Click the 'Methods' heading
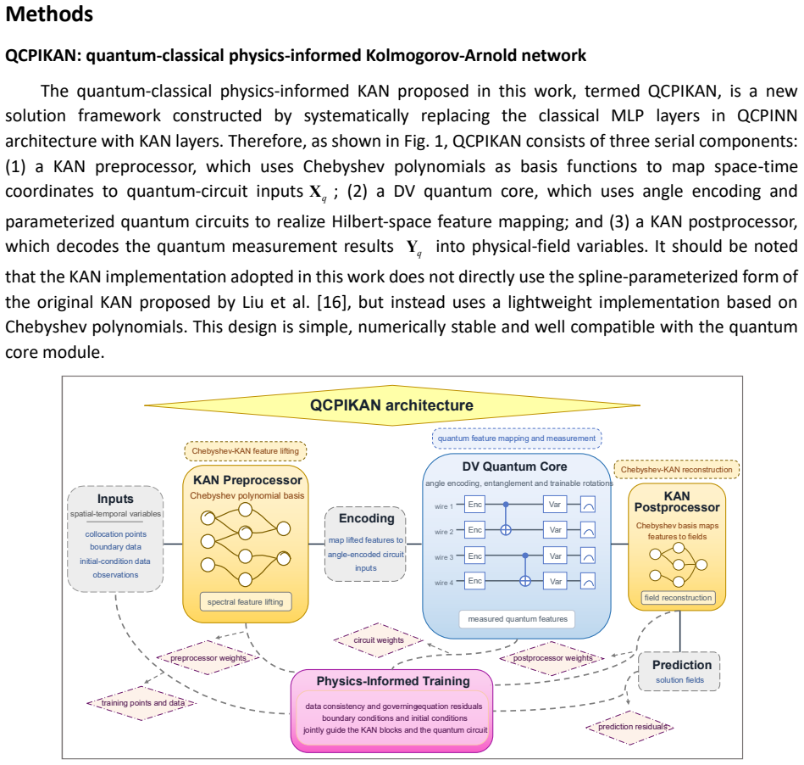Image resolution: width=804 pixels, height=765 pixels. pyautogui.click(x=49, y=14)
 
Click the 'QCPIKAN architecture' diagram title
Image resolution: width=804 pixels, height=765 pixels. pyautogui.click(x=391, y=405)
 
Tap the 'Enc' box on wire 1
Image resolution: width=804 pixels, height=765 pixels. pyautogui.click(x=474, y=505)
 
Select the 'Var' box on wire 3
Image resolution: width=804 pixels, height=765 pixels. pyautogui.click(x=555, y=556)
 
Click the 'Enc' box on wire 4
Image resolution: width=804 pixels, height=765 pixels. pyautogui.click(x=474, y=581)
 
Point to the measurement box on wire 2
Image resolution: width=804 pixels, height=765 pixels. pyautogui.click(x=588, y=530)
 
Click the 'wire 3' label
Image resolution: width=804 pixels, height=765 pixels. pyautogui.click(x=444, y=557)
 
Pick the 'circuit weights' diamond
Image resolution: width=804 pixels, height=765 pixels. pyautogui.click(x=379, y=640)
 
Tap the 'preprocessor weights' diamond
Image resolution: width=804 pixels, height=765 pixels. pyautogui.click(x=208, y=657)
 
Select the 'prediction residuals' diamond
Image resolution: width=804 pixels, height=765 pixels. pyautogui.click(x=630, y=727)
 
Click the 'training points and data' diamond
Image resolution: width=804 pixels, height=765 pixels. pyautogui.click(x=142, y=703)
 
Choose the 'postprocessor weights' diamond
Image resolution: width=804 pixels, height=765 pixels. pyautogui.click(x=552, y=658)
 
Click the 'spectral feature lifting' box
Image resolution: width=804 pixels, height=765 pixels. pyautogui.click(x=246, y=601)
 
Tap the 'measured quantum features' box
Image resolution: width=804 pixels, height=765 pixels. pyautogui.click(x=518, y=619)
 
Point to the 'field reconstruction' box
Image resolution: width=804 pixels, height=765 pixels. pyautogui.click(x=678, y=598)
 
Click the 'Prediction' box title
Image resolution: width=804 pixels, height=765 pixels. pyautogui.click(x=682, y=665)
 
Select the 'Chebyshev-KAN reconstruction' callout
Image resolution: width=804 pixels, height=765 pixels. pyautogui.click(x=676, y=470)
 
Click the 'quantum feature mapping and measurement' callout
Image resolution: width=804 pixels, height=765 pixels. pyautogui.click(x=517, y=438)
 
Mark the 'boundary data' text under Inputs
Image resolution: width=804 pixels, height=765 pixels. pyautogui.click(x=115, y=547)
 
